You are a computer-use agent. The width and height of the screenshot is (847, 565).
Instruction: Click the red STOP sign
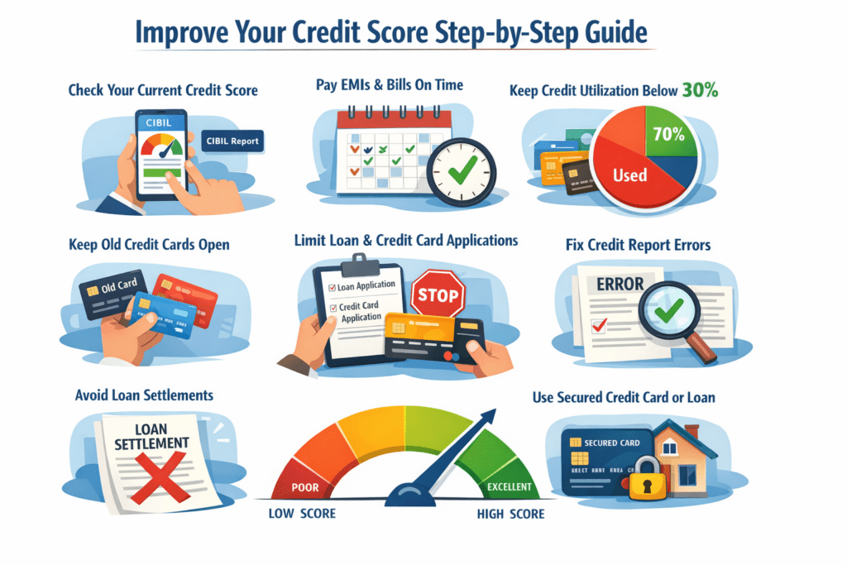click(438, 294)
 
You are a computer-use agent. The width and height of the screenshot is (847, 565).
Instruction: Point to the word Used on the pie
click(630, 175)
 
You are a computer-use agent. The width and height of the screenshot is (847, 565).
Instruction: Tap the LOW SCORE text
click(303, 514)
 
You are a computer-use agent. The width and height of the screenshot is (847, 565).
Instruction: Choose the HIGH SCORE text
click(510, 514)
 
